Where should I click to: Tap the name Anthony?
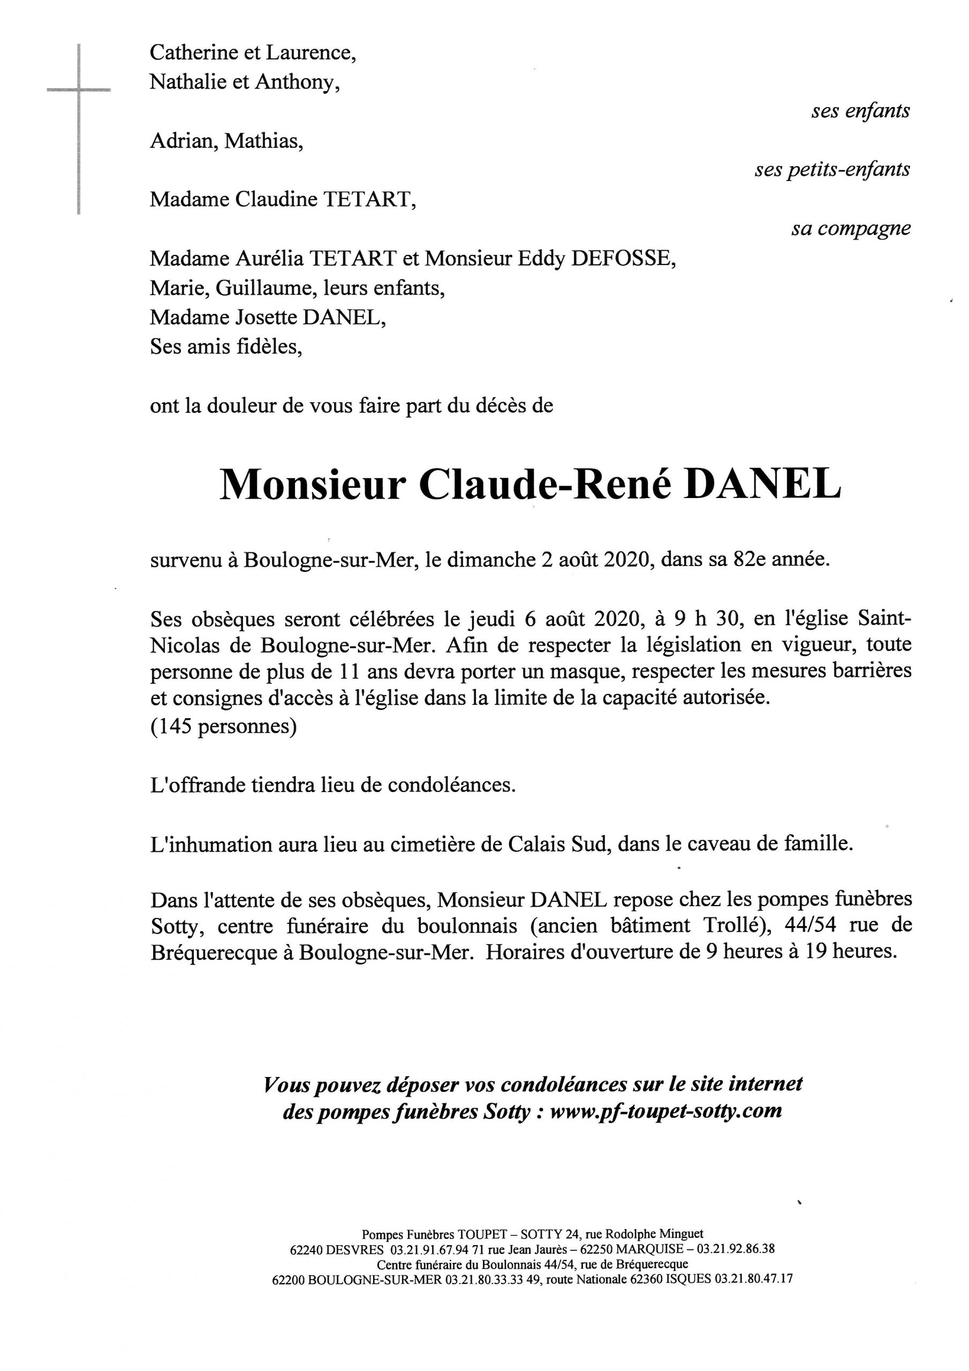click(297, 82)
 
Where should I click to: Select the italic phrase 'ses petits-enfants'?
click(831, 170)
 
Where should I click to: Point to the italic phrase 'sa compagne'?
click(851, 229)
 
